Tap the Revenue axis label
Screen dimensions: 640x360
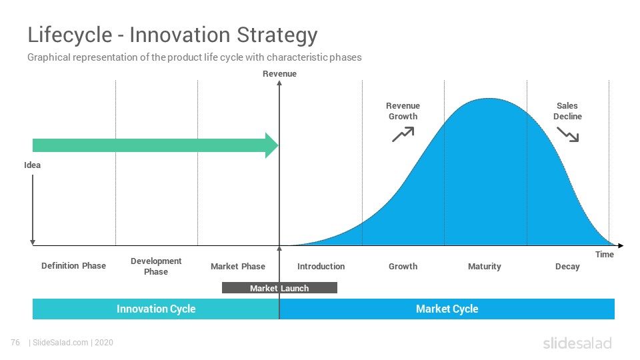pos(279,74)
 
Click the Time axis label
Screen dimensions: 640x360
pos(605,254)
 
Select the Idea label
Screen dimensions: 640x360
pos(32,165)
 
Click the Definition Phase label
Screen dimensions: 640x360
pos(73,266)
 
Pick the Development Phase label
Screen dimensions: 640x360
pos(156,266)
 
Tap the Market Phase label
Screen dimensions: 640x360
pos(238,267)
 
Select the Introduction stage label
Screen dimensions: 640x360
pos(321,267)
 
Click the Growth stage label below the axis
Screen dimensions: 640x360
pos(403,267)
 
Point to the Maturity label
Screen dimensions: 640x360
pos(485,267)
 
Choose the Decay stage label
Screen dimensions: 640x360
pos(567,267)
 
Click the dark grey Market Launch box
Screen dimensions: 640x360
pos(279,288)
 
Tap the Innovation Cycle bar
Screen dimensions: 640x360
pos(156,309)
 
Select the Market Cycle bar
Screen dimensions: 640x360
pos(447,309)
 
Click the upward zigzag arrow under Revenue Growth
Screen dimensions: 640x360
pos(403,134)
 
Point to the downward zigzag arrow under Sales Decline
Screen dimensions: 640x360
pos(568,134)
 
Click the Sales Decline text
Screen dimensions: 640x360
pos(567,111)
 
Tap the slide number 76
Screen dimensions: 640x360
pos(15,343)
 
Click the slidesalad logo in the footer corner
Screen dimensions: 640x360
pos(577,343)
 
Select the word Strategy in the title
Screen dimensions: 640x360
pos(277,35)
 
